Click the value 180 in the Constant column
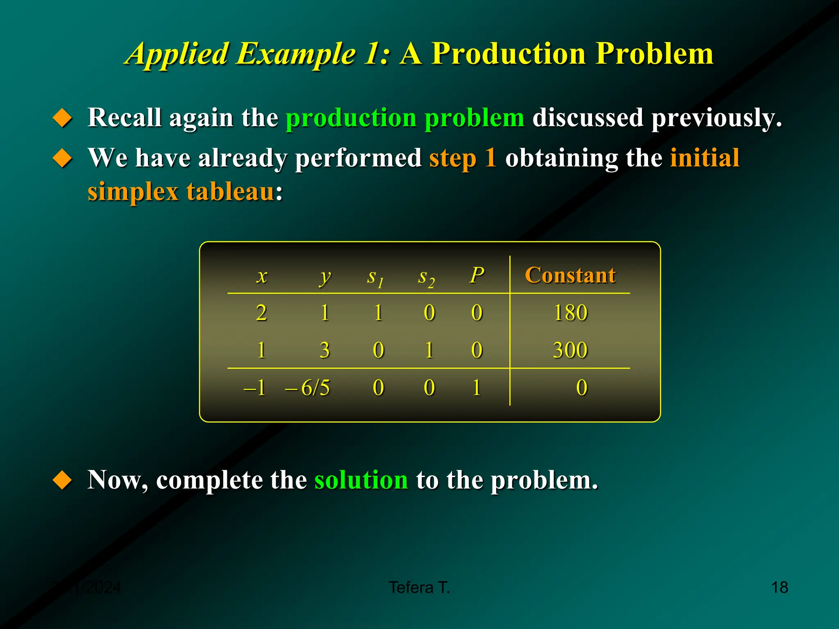pos(570,313)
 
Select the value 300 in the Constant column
pos(570,350)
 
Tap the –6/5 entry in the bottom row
pos(308,387)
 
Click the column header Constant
pos(570,275)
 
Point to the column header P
pos(477,275)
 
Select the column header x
pos(262,276)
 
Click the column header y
pos(325,277)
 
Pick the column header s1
pos(375,278)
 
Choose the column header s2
pos(426,278)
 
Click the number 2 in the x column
pos(261,313)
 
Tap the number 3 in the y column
pos(324,350)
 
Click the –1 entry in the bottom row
pos(255,387)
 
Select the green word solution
pos(361,480)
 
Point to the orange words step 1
pos(463,158)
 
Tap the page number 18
pos(779,587)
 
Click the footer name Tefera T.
pos(419,587)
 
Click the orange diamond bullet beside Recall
pos(63,118)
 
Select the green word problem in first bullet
pos(474,118)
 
